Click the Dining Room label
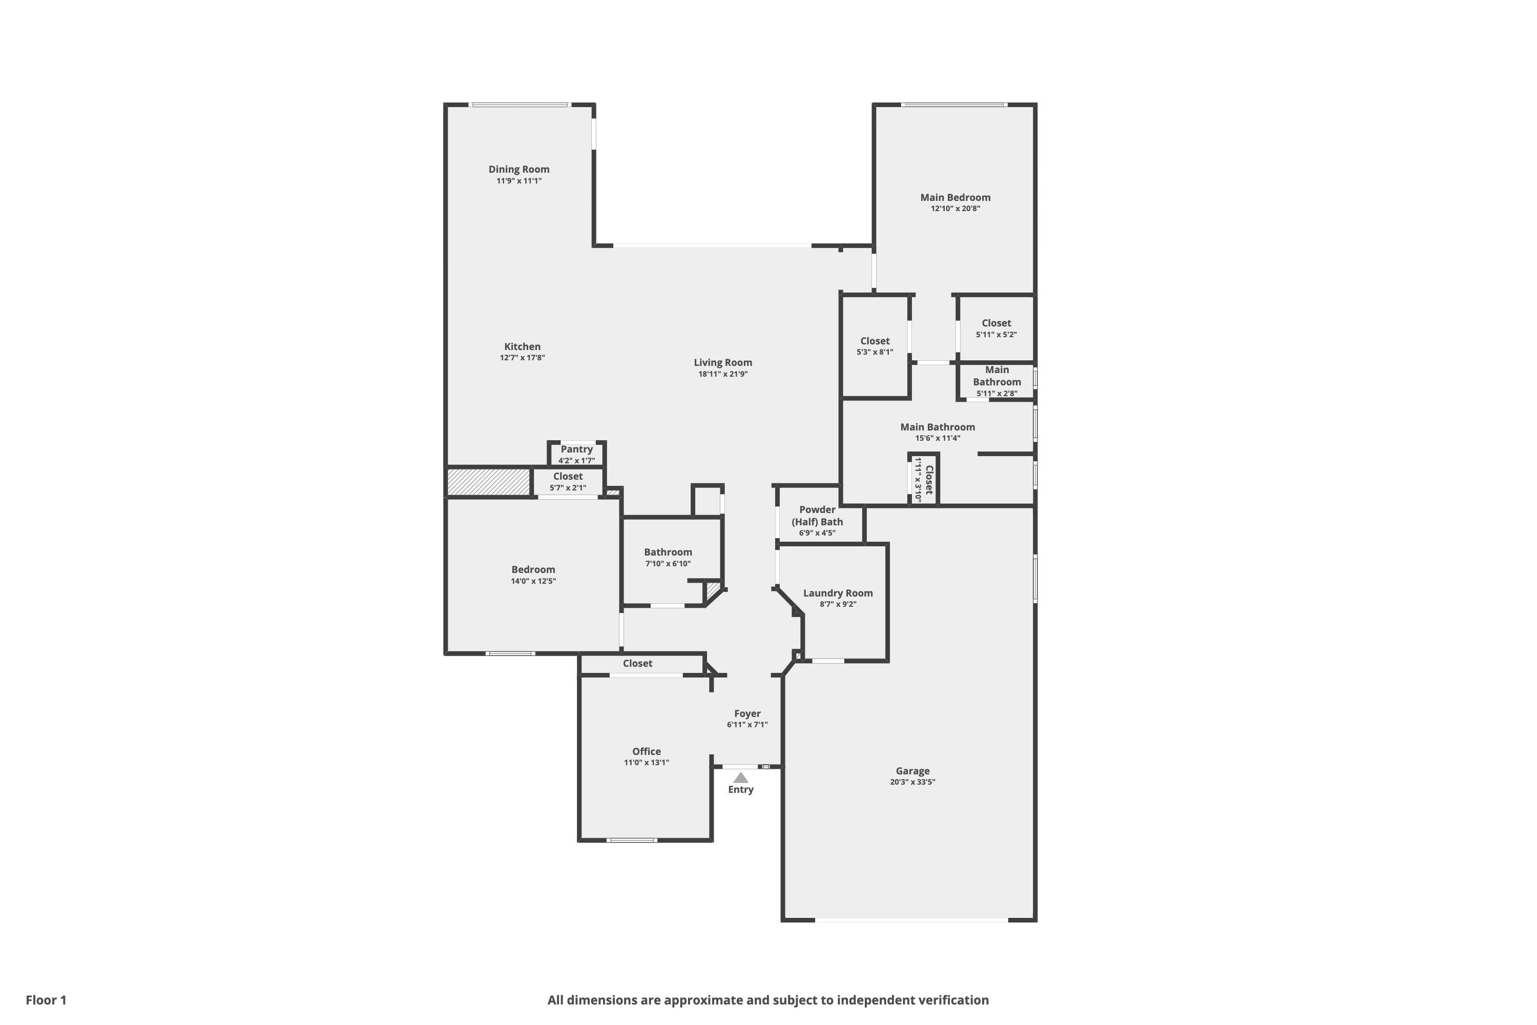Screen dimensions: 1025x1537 519,169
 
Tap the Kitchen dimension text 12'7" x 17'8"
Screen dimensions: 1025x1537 522,358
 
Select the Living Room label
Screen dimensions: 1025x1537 723,363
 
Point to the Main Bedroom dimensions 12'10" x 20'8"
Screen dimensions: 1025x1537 956,209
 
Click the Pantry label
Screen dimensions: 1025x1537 576,449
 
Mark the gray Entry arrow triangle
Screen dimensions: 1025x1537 740,778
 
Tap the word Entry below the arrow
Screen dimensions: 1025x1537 740,790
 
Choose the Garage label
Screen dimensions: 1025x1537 912,771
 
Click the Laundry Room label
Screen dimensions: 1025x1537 838,593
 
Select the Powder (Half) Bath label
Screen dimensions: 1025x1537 817,516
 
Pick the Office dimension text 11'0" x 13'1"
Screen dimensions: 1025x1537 646,762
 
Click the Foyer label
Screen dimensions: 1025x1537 747,714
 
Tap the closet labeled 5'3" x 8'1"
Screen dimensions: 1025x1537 875,341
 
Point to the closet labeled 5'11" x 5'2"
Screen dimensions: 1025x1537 996,323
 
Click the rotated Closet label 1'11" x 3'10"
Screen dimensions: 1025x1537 928,480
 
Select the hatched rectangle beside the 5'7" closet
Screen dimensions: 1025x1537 488,482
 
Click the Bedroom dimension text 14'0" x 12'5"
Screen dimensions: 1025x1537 533,581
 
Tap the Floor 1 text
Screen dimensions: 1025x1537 46,1000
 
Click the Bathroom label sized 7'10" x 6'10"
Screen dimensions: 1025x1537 668,552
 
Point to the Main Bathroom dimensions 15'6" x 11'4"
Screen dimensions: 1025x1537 937,438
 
